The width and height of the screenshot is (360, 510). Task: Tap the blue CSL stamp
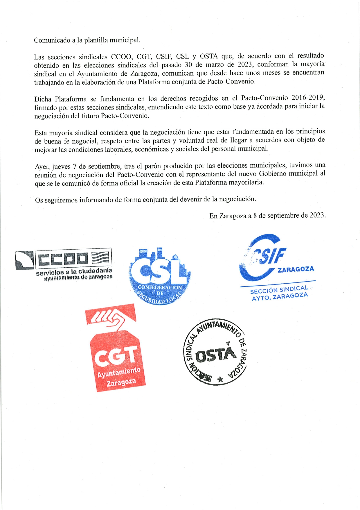pyautogui.click(x=159, y=276)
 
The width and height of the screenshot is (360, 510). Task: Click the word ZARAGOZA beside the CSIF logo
pyautogui.click(x=296, y=269)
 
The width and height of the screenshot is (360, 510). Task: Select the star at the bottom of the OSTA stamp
pyautogui.click(x=220, y=379)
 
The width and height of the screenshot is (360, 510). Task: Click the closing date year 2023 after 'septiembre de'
pyautogui.click(x=317, y=215)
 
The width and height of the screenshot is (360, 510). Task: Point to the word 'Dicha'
pyautogui.click(x=43, y=99)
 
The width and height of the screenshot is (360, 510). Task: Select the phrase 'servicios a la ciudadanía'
pyautogui.click(x=74, y=272)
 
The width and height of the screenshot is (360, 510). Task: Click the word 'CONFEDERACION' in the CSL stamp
pyautogui.click(x=160, y=287)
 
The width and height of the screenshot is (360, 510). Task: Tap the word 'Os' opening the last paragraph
pyautogui.click(x=39, y=200)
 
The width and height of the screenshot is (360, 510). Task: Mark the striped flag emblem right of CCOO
pyautogui.click(x=100, y=257)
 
